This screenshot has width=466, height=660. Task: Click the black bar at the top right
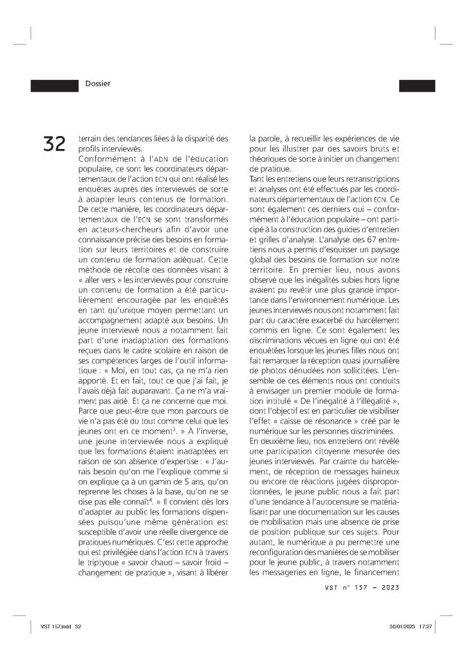(417, 84)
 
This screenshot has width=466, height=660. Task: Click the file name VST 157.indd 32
(61, 626)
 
